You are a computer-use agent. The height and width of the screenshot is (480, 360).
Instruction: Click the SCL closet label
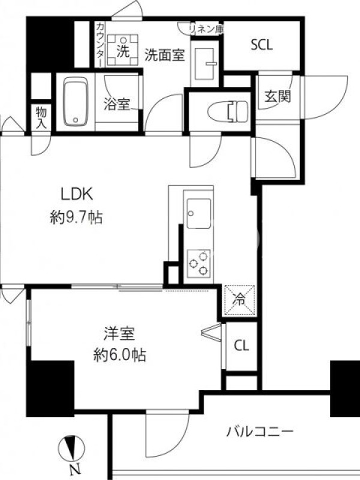click(262, 46)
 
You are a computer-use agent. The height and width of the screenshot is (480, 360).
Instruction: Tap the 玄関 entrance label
click(278, 97)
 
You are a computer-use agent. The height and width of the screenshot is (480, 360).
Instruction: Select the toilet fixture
click(228, 110)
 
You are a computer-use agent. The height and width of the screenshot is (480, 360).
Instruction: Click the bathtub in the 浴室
click(76, 101)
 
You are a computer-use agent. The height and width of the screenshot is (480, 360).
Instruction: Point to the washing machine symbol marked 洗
click(123, 50)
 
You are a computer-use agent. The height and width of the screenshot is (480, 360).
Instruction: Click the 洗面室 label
click(164, 55)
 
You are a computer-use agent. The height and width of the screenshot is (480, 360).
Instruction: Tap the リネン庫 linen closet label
click(206, 29)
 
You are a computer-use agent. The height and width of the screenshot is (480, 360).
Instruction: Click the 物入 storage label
click(41, 118)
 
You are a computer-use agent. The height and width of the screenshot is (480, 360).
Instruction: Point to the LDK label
click(77, 194)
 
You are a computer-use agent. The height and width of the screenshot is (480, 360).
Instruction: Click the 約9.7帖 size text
click(77, 218)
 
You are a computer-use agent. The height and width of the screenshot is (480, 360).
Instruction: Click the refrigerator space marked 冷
click(240, 300)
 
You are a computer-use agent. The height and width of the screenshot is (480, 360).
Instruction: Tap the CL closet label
click(242, 346)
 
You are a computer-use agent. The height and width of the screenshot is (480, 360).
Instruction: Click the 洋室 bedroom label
click(119, 334)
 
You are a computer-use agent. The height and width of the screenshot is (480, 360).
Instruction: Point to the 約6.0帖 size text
click(119, 355)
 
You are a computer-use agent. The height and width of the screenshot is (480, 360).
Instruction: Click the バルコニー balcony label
click(260, 432)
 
